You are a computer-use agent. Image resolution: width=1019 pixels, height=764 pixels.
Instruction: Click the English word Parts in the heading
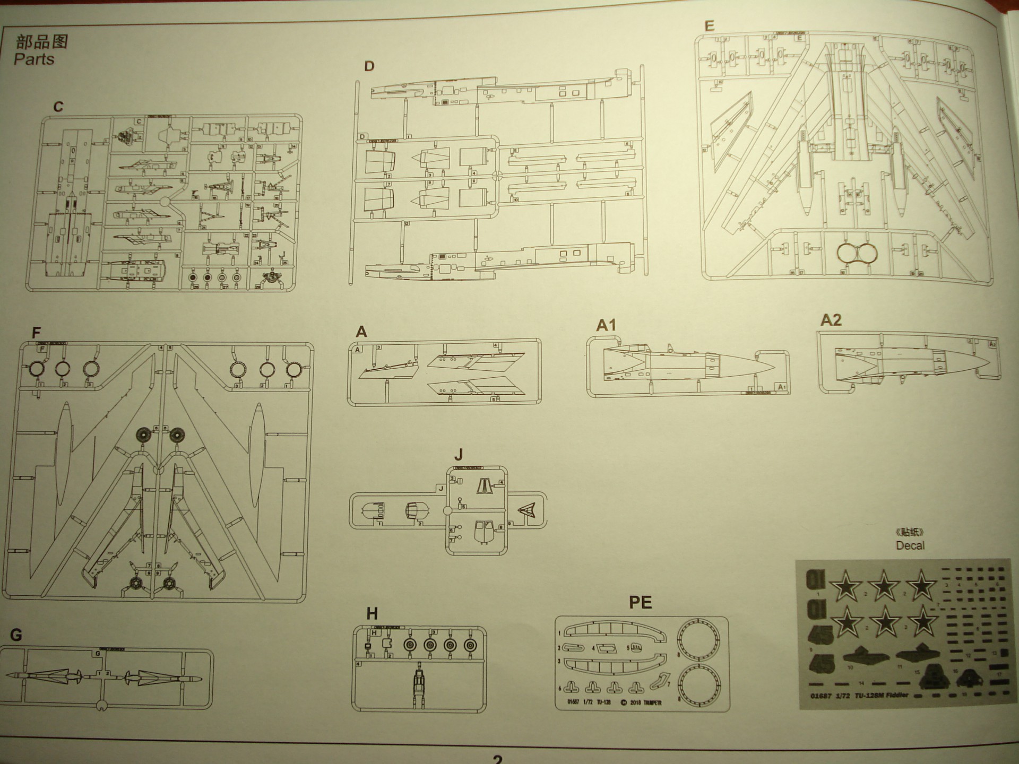click(34, 59)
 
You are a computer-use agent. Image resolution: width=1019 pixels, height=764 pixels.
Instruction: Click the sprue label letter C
click(58, 107)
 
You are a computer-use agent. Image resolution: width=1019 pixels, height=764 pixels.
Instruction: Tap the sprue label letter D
click(369, 66)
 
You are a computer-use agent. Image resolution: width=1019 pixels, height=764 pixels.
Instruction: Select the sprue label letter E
click(709, 26)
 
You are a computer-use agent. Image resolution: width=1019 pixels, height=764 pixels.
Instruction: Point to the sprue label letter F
click(36, 333)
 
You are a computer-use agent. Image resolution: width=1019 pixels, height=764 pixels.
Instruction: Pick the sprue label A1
click(606, 325)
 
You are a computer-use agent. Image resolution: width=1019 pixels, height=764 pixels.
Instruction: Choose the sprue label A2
click(831, 320)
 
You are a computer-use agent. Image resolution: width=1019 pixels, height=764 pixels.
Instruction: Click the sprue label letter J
click(459, 455)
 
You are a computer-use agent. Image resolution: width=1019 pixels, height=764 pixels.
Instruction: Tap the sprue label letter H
click(372, 614)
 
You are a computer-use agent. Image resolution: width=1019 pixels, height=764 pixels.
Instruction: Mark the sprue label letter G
click(16, 635)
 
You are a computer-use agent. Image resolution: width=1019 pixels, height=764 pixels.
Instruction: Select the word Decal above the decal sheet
click(910, 545)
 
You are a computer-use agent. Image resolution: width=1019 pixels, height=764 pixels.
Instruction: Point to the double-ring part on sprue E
click(857, 254)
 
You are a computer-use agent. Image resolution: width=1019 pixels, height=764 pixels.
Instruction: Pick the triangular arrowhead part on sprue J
click(526, 510)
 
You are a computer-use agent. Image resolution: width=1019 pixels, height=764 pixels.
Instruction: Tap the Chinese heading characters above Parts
click(42, 41)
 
